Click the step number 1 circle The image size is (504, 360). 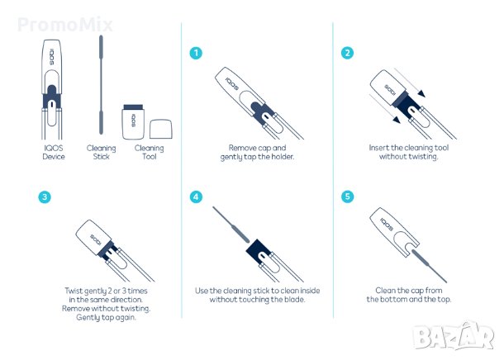196,53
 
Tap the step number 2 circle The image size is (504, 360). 348,53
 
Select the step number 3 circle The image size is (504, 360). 45,197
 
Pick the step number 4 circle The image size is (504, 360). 196,197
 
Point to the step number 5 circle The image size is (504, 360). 348,197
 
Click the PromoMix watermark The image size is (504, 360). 65,25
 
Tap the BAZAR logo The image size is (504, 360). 454,335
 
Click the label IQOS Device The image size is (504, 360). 54,152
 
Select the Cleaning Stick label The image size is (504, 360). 102,152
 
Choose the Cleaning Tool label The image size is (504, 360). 150,152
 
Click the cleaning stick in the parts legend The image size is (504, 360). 101,84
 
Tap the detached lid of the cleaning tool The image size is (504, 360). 161,129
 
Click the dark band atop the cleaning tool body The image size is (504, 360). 133,107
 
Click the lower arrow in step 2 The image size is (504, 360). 385,108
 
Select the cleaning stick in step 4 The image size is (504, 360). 231,225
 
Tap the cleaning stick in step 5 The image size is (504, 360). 429,266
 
